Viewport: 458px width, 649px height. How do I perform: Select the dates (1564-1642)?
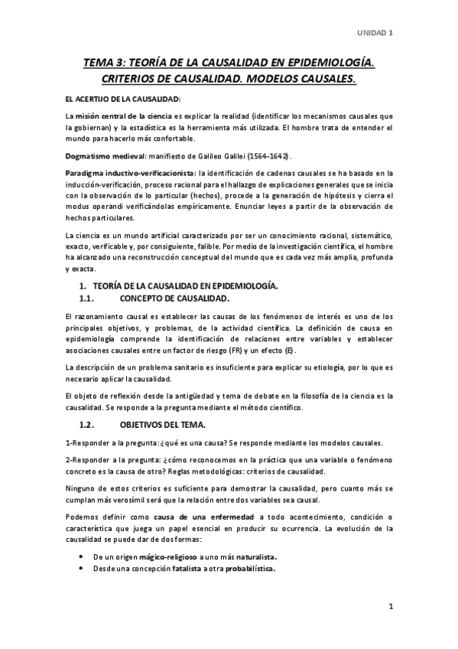tap(267, 155)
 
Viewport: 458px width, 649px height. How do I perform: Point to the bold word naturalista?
tap(252, 556)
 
